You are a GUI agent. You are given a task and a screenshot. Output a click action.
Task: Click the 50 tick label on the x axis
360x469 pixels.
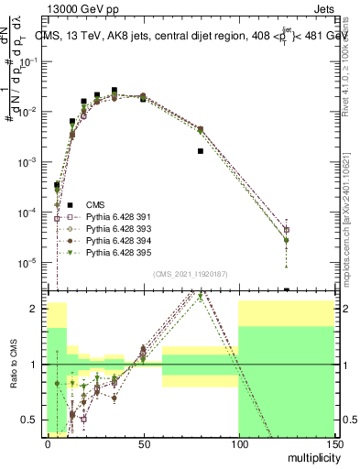pos(143,444)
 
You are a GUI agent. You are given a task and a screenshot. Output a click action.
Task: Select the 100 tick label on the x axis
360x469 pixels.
pos(238,444)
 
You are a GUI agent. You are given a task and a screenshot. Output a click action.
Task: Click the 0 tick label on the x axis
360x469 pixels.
pos(48,444)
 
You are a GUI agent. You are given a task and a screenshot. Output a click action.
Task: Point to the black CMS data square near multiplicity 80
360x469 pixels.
pos(200,151)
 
